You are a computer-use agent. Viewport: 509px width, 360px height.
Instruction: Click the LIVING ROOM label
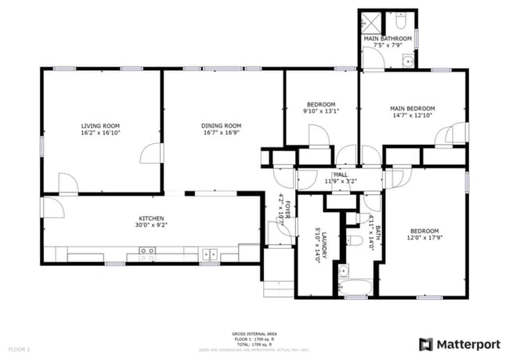tap(101, 125)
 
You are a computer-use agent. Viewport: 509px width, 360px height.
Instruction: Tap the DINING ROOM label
tap(221, 125)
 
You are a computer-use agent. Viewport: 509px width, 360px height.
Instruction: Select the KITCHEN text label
tap(150, 218)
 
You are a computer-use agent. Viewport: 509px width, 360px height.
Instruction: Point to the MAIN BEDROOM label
tap(412, 108)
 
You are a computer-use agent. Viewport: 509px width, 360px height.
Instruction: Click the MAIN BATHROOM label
tap(387, 38)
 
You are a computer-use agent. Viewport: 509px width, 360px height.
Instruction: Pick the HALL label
tap(341, 175)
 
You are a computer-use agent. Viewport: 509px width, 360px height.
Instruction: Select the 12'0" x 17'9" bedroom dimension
tap(424, 238)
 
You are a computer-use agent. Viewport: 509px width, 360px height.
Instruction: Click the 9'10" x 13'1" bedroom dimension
tap(321, 111)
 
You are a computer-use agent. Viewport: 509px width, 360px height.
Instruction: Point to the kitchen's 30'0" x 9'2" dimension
tap(150, 225)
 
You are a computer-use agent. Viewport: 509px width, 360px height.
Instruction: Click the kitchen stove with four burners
tap(146, 253)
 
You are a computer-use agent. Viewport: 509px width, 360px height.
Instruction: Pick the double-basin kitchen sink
tap(210, 254)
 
